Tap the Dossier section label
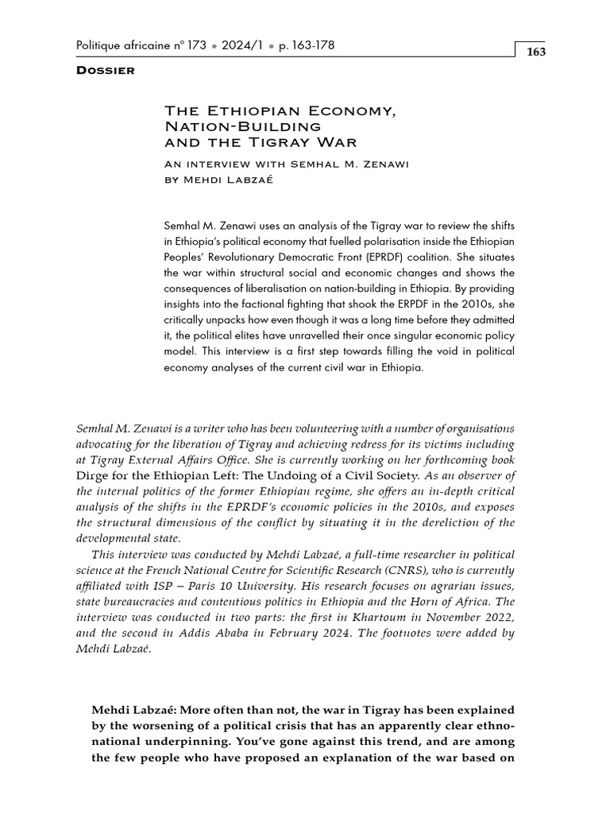pos(105,71)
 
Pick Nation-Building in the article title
pos(241,126)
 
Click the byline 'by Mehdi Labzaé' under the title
pos(214,180)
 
